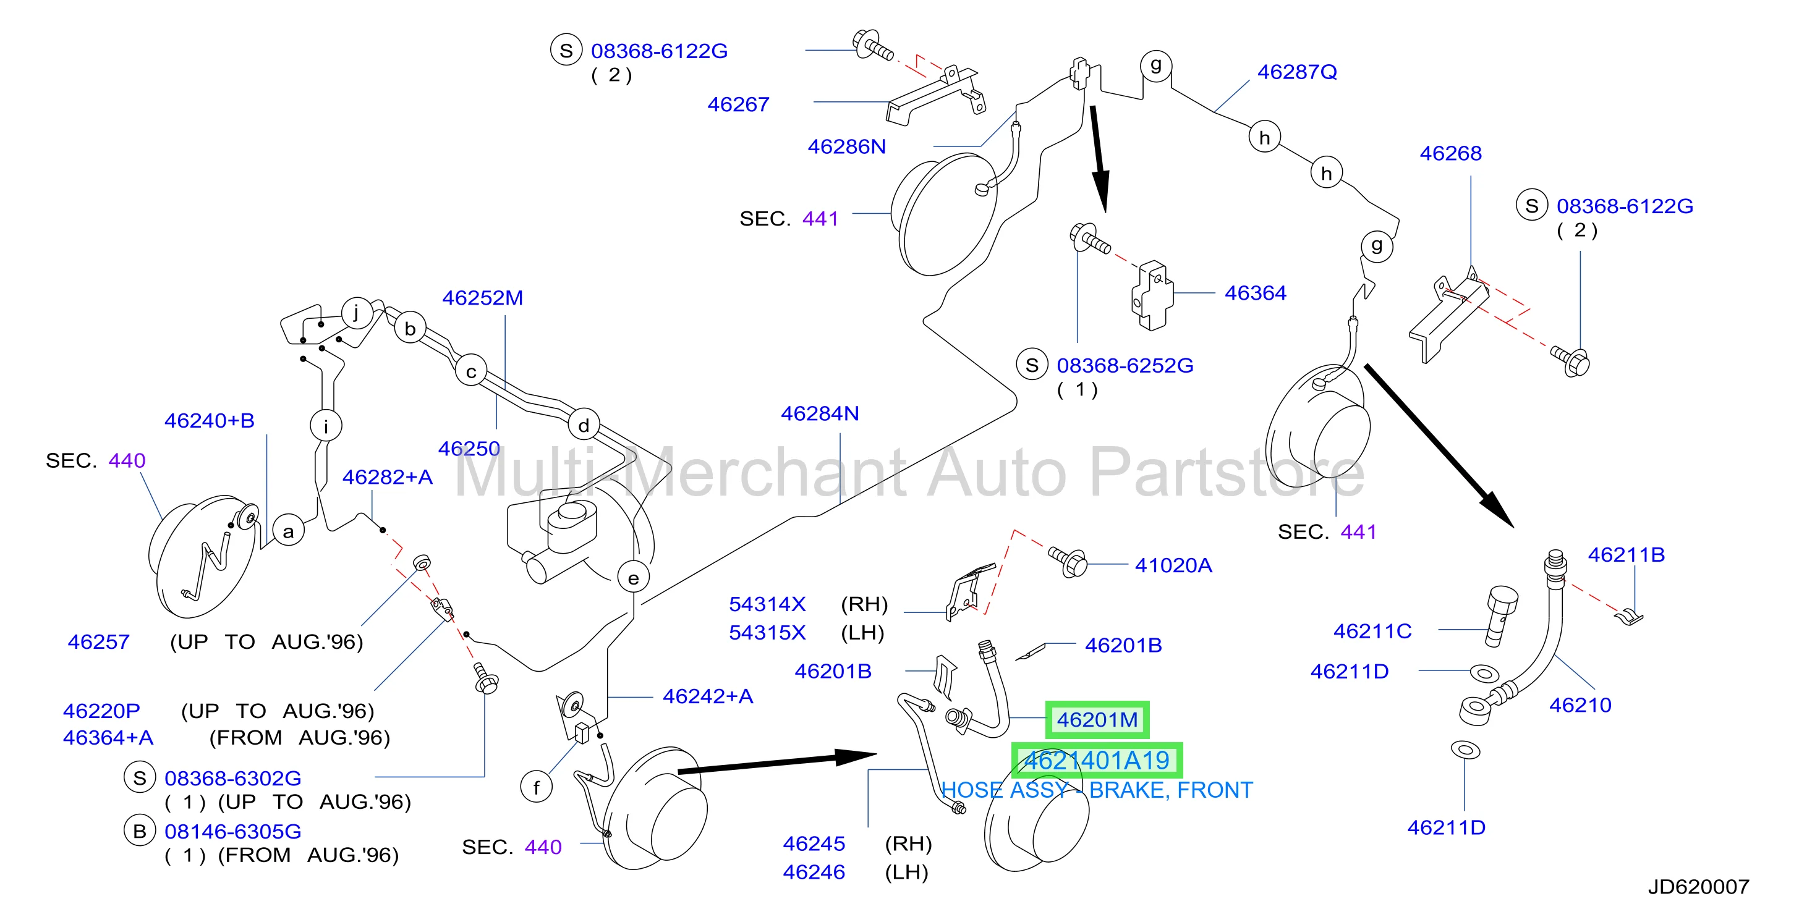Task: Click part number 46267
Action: click(x=738, y=104)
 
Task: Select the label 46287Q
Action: click(x=1297, y=72)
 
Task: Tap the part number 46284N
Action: click(x=820, y=413)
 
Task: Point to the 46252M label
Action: click(x=483, y=298)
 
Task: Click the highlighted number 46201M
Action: click(x=1097, y=720)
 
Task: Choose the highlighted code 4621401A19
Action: click(x=1097, y=760)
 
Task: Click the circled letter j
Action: click(x=357, y=312)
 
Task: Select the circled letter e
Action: click(x=633, y=578)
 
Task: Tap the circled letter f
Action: click(x=536, y=787)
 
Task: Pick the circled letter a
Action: click(x=288, y=531)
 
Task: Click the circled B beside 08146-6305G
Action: click(x=140, y=832)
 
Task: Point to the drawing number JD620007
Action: click(x=1698, y=887)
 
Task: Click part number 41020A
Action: click(x=1173, y=565)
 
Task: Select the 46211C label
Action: click(x=1372, y=631)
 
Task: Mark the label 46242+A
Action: click(x=707, y=696)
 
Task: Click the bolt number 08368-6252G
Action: click(x=1125, y=366)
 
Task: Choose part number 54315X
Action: click(x=767, y=632)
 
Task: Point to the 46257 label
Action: click(x=99, y=642)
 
